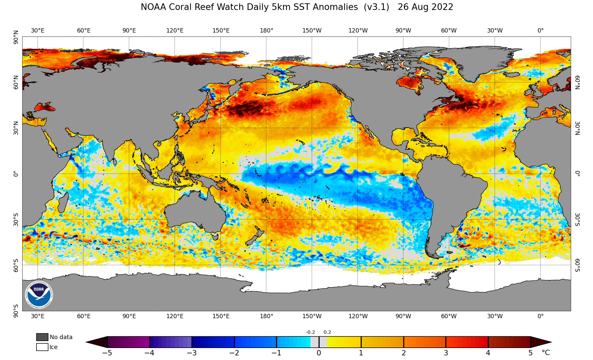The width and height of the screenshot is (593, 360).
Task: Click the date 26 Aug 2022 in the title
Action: click(425, 7)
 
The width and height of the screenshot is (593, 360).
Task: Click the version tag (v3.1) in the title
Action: click(376, 7)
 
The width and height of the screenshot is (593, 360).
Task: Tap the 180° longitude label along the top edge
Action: click(266, 31)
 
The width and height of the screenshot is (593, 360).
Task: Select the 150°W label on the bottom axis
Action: click(312, 316)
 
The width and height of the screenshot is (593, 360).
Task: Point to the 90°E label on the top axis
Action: click(129, 31)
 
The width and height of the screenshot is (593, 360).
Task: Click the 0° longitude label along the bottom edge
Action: click(541, 316)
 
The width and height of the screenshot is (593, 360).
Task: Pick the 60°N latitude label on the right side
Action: click(577, 82)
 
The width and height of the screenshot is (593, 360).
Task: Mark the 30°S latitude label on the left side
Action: click(16, 219)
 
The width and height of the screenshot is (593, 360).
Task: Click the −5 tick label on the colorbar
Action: click(107, 353)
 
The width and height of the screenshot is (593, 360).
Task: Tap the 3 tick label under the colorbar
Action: click(446, 353)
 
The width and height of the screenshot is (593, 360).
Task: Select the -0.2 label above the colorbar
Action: click(310, 332)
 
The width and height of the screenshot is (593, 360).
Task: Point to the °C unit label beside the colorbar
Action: click(546, 352)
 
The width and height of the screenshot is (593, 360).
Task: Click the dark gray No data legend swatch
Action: click(42, 337)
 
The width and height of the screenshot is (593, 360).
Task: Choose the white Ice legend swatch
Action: click(42, 347)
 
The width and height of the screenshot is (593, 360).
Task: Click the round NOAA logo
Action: click(39, 294)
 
